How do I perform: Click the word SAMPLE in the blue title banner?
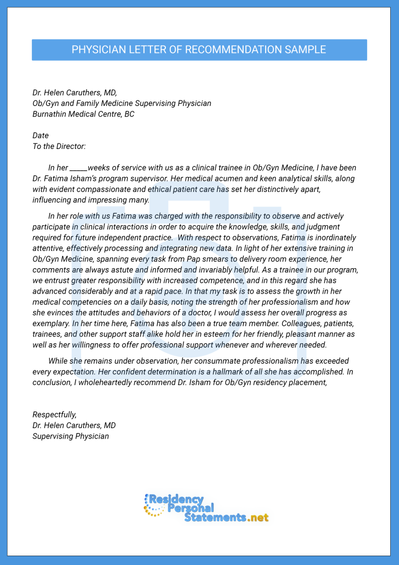point(305,50)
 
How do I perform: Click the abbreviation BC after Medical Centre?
point(129,114)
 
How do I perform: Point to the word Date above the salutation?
point(41,135)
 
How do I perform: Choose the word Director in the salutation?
point(69,146)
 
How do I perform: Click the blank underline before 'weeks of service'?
point(78,168)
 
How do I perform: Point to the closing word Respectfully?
point(55,414)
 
